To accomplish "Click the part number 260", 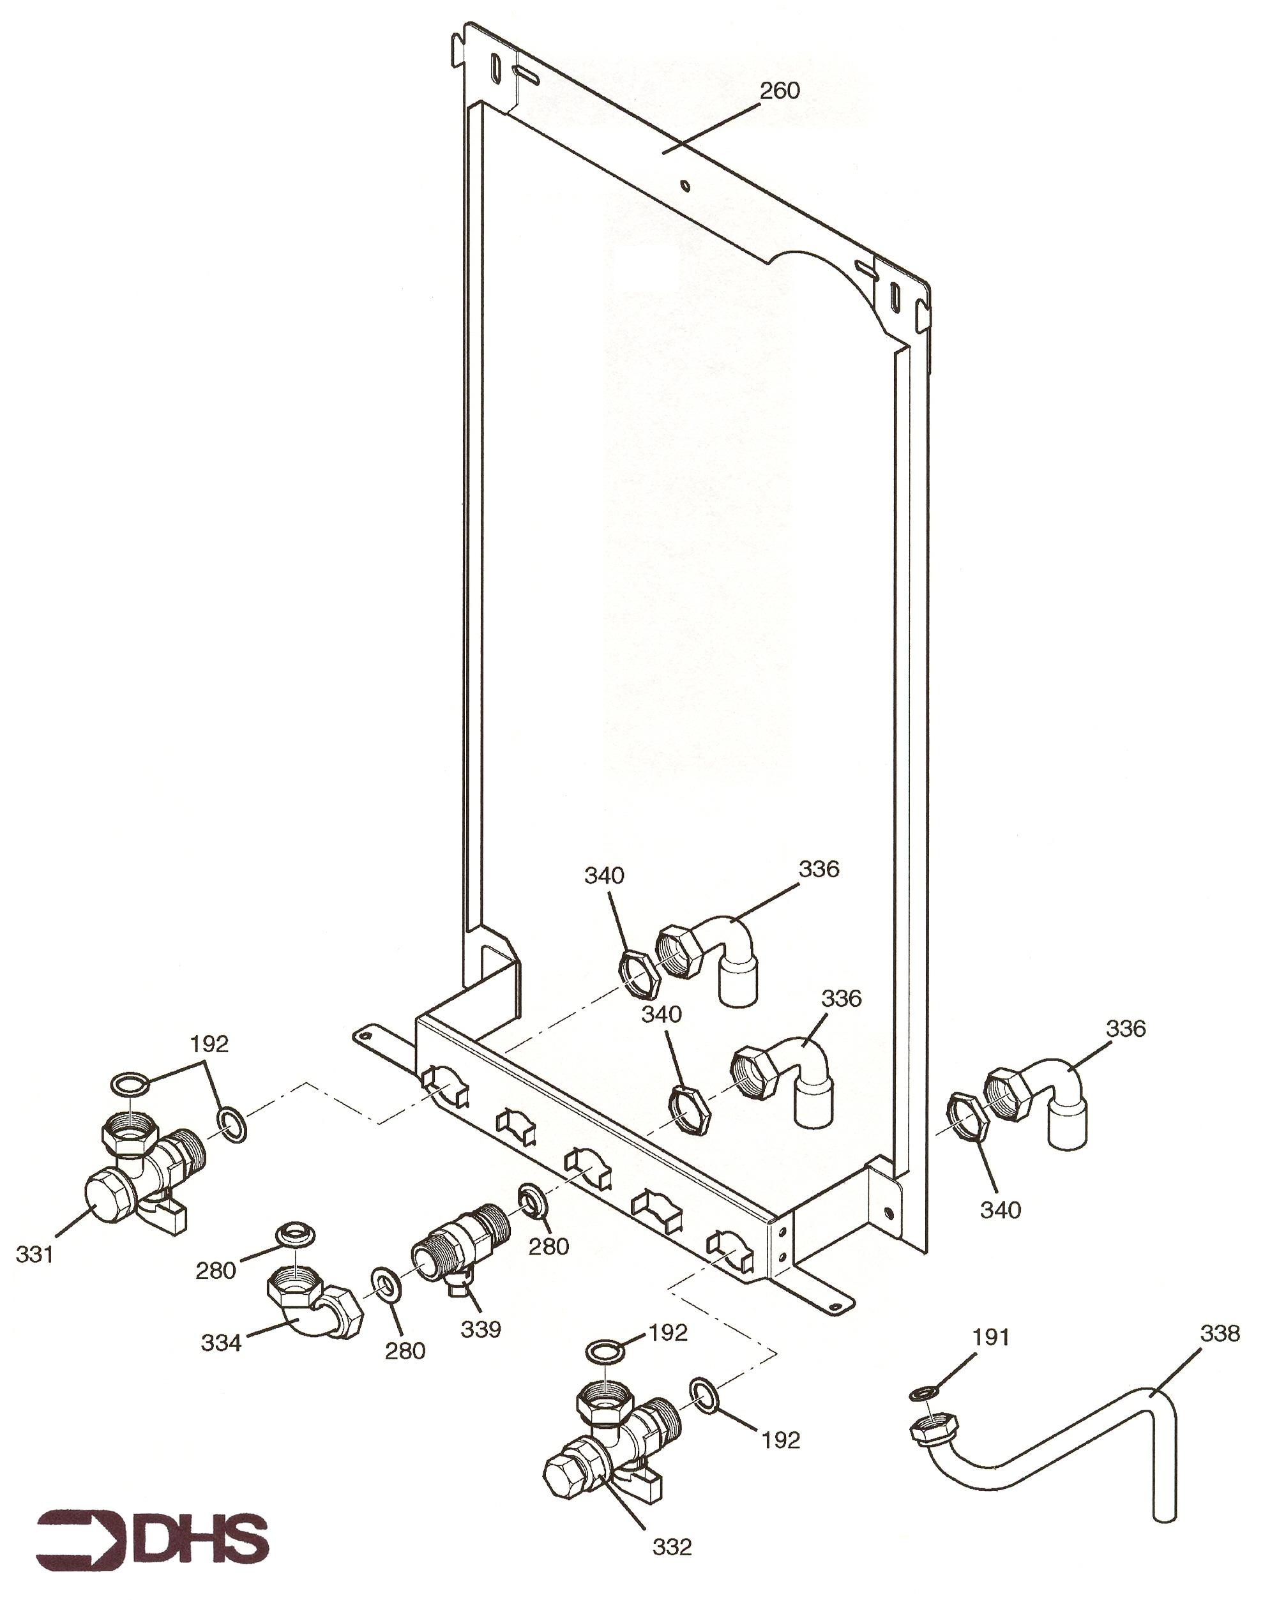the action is [x=780, y=90].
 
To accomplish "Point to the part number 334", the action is [x=221, y=1343].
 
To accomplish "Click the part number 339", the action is [x=481, y=1329].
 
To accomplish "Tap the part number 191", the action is [x=990, y=1338].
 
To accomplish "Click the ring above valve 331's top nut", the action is [x=130, y=1084].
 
